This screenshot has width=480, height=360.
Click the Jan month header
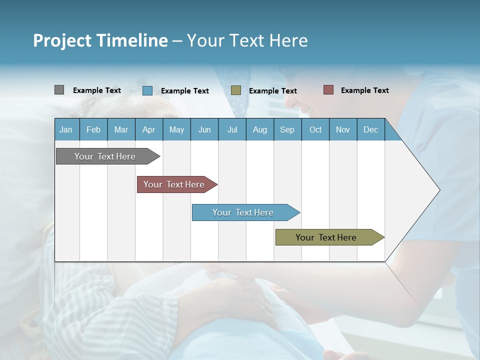coord(66,129)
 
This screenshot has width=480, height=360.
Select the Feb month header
coord(93,129)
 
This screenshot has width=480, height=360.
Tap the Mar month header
coord(121,129)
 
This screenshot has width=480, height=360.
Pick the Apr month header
coord(149,129)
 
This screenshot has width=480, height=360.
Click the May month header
coord(176,129)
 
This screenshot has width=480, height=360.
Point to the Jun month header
coord(204,129)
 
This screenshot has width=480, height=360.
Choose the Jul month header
coord(232,129)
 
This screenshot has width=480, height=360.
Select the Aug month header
coord(260,129)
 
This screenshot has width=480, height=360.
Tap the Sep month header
coord(287,129)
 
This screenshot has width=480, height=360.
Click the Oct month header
coord(315,129)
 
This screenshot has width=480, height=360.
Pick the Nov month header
coord(343,129)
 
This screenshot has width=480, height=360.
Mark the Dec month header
coord(371,129)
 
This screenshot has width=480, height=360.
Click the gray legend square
coord(59,90)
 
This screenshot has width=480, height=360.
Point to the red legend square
coord(328,90)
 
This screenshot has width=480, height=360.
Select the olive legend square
coord(236,90)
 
